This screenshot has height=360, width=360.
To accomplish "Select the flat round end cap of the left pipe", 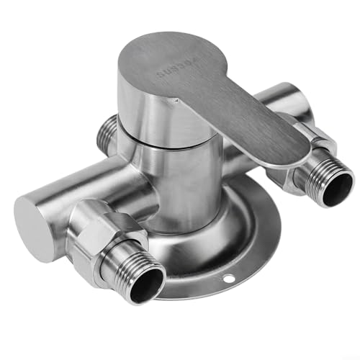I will pos(33,225).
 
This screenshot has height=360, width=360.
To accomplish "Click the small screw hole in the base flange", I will pos(230,279).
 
